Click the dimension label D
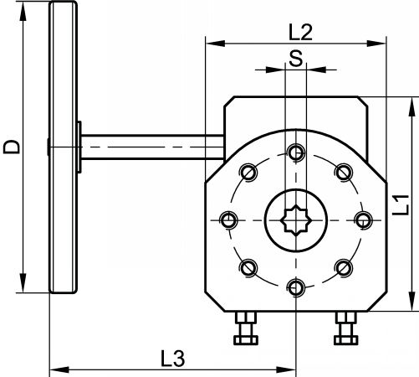click(12, 147)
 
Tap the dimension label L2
click(300, 32)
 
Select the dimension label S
click(296, 58)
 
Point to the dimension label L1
click(401, 205)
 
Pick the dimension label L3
click(173, 359)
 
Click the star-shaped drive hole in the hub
click(296, 220)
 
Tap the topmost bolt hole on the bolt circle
click(296, 152)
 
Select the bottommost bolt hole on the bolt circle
click(296, 288)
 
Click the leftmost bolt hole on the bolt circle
click(228, 220)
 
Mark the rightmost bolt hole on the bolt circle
click(363, 220)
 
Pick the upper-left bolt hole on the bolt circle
click(248, 173)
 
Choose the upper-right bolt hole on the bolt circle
click(344, 173)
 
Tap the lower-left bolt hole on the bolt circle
click(248, 268)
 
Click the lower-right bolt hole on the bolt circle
click(344, 268)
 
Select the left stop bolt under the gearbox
click(246, 328)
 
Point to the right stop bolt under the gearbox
click(346, 328)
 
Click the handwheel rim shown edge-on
click(63, 147)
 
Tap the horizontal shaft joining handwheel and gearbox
click(152, 147)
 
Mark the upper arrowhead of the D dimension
click(23, 13)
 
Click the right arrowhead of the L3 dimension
click(286, 369)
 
